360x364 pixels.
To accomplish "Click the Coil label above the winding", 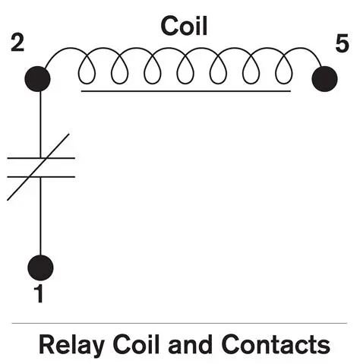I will pos(185,26).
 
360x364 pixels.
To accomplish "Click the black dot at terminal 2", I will pos(38,78).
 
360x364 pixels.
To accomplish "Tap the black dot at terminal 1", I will pos(40,267).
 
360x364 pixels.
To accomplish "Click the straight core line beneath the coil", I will pos(185,91).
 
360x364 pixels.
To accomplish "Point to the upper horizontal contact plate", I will pos(23,158).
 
